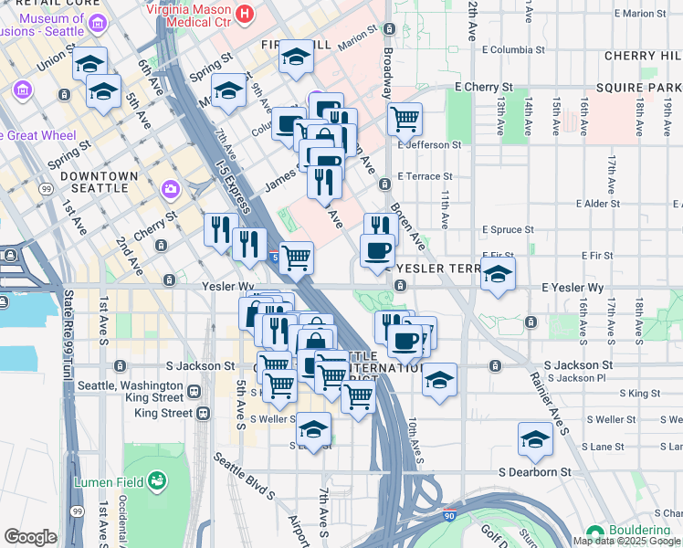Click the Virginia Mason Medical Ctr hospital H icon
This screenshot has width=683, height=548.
(x=244, y=14)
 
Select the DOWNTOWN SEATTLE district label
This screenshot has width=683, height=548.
(x=88, y=182)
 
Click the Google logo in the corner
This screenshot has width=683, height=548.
(x=29, y=537)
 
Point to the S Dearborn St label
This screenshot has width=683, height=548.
(x=534, y=472)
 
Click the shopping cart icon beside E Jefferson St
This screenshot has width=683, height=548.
(x=405, y=118)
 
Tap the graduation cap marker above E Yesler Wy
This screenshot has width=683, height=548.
(x=498, y=273)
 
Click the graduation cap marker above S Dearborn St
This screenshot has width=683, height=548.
(x=535, y=439)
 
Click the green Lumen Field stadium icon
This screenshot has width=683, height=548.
(x=157, y=479)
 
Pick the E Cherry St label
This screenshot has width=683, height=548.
(x=483, y=87)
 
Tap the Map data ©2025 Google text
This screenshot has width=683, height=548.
(x=626, y=541)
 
